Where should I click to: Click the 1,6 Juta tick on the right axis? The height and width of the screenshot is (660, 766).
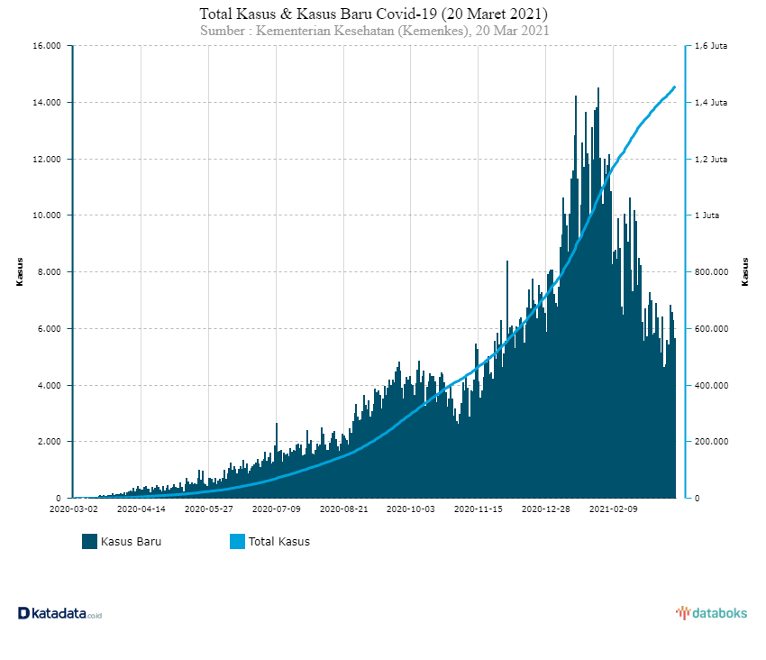click(x=712, y=46)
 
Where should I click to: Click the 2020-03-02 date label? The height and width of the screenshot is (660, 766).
click(x=73, y=509)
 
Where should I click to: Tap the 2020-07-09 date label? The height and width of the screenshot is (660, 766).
click(x=276, y=509)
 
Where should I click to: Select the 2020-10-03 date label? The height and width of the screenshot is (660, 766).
click(x=410, y=509)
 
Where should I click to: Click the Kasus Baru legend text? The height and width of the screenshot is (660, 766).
click(x=132, y=542)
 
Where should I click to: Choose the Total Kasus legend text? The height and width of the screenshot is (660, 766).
click(x=279, y=542)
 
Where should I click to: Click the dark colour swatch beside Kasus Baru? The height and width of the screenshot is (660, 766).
click(x=89, y=542)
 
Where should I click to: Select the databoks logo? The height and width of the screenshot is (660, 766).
click(x=711, y=613)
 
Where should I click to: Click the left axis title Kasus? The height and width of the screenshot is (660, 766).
click(x=20, y=271)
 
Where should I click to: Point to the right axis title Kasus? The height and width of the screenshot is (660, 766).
click(x=745, y=271)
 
